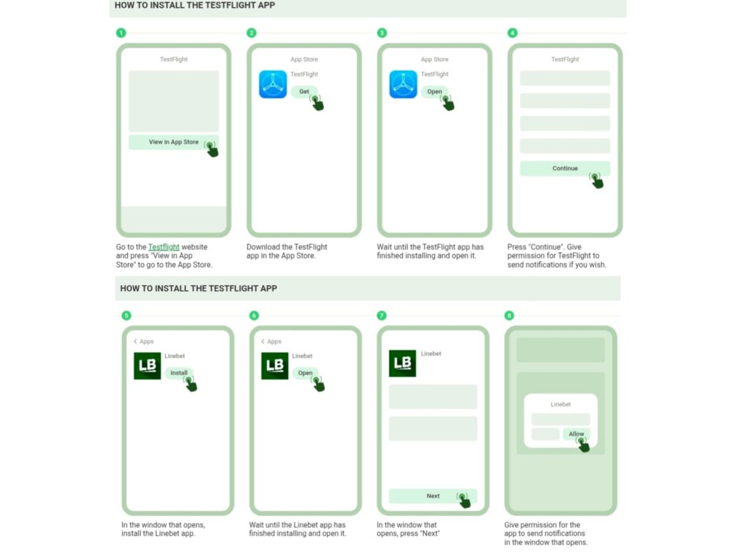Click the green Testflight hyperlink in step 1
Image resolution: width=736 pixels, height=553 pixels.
tap(164, 247)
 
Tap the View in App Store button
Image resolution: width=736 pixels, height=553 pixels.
tap(174, 142)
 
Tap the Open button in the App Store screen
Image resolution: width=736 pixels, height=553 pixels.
tap(434, 92)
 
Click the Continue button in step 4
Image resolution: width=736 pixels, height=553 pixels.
tap(565, 168)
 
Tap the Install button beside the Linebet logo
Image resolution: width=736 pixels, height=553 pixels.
tap(179, 373)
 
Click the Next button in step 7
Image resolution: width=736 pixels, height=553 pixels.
tap(433, 496)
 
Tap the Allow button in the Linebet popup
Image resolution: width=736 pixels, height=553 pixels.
tap(577, 434)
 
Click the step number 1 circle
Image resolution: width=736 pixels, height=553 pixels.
tap(121, 33)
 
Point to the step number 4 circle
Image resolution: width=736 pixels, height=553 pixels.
tap(512, 33)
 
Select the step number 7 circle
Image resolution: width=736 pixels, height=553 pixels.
tap(382, 315)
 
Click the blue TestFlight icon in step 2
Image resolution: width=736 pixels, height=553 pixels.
tap(273, 84)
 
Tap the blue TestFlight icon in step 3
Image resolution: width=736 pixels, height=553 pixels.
tap(403, 84)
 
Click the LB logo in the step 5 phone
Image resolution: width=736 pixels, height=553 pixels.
tap(147, 366)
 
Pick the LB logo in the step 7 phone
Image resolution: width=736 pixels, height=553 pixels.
tap(402, 363)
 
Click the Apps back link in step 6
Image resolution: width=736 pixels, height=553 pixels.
tap(272, 341)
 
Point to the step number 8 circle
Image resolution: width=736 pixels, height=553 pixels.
tap(509, 315)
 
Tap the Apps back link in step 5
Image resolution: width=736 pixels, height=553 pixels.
tap(144, 341)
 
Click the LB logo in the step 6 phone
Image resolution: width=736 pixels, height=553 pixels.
tap(274, 366)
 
